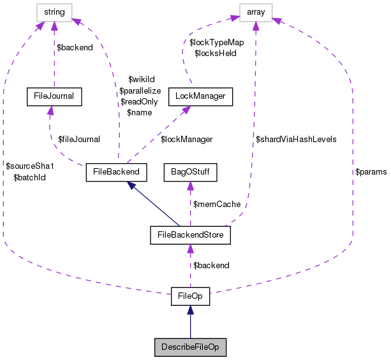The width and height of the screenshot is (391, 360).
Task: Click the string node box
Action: point(54,13)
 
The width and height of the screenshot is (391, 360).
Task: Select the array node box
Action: point(256,13)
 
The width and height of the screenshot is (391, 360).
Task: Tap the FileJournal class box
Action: point(54,96)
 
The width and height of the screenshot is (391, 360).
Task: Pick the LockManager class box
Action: point(200,96)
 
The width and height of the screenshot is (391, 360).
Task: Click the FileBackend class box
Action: point(117,172)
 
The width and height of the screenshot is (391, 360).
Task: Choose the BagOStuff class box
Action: point(191,172)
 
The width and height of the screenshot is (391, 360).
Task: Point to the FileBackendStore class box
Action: point(191,235)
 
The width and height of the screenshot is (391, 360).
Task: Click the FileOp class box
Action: point(191,296)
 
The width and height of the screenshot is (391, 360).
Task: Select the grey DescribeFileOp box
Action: point(191,347)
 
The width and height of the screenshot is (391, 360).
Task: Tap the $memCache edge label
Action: point(217,205)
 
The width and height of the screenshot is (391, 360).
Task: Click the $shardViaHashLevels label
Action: point(296,140)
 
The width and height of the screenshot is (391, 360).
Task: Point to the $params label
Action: point(371,172)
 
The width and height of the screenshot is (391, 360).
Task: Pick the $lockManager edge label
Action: point(187,140)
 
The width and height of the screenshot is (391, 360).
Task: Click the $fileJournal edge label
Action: point(79,140)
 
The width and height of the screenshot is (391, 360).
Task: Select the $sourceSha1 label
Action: point(30,166)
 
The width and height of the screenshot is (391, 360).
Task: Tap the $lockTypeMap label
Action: point(217,43)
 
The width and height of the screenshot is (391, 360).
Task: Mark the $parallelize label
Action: point(140,91)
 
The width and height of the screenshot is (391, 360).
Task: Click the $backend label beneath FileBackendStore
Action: point(212,266)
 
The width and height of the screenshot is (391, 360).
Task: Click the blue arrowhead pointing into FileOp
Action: point(191,310)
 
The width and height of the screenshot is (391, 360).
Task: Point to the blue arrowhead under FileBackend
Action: point(131,185)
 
